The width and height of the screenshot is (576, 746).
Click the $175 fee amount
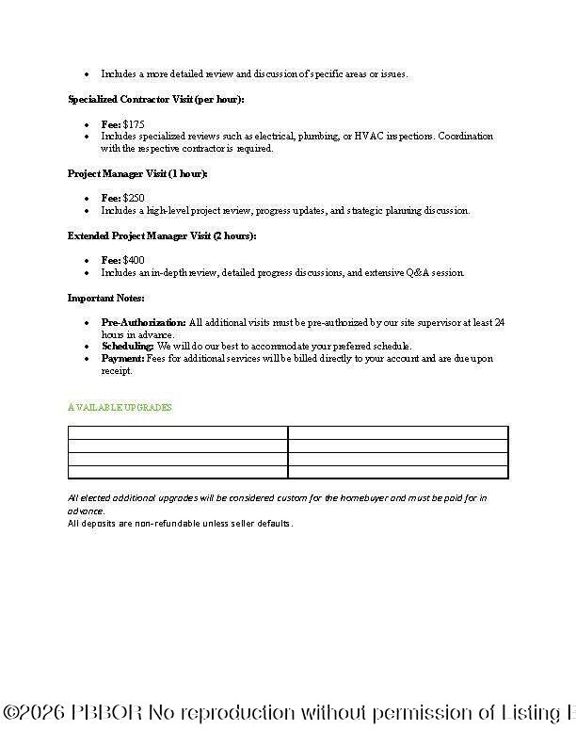(x=134, y=124)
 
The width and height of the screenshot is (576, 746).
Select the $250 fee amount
(x=134, y=199)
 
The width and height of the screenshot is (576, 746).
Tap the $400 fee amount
(x=134, y=260)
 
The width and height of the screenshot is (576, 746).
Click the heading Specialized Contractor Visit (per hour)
(x=155, y=99)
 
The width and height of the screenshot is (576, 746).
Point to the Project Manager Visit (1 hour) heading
(x=137, y=174)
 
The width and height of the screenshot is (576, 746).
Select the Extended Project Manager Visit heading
(x=161, y=235)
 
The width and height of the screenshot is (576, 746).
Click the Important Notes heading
(x=105, y=298)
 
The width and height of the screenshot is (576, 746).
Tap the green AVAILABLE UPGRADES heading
(x=120, y=408)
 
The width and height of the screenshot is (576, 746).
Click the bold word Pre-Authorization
(x=143, y=322)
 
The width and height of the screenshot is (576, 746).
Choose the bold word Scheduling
(x=127, y=346)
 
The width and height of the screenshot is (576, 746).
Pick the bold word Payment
(x=122, y=358)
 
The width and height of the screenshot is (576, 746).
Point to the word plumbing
(x=321, y=137)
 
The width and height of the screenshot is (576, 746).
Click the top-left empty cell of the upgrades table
(x=178, y=432)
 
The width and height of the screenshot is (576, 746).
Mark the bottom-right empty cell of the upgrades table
(x=397, y=472)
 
